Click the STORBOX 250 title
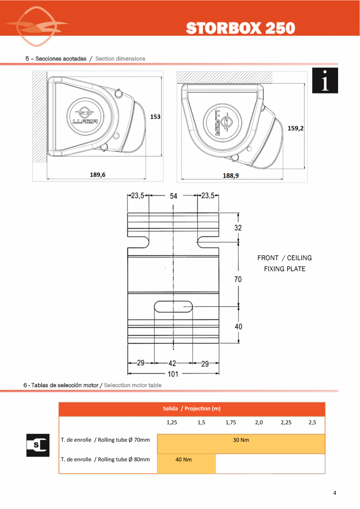click(x=240, y=28)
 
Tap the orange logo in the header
click(x=36, y=27)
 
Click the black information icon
click(x=325, y=81)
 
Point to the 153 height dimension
click(x=155, y=117)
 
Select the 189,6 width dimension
click(x=98, y=175)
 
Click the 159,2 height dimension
click(x=295, y=128)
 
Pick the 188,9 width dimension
click(x=231, y=176)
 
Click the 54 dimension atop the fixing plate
click(x=173, y=196)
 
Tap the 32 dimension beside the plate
click(x=238, y=227)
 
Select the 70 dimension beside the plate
click(x=238, y=279)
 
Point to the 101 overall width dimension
click(x=173, y=374)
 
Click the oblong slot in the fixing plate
click(x=173, y=306)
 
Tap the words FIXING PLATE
click(x=284, y=269)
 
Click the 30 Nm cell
click(x=241, y=440)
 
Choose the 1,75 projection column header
click(x=231, y=422)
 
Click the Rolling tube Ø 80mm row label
click(x=105, y=459)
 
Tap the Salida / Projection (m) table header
click(x=192, y=409)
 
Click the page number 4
click(x=335, y=493)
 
